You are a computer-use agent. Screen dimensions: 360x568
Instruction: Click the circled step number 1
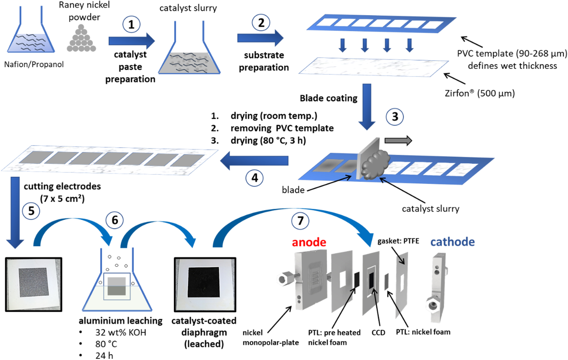pos(131,24)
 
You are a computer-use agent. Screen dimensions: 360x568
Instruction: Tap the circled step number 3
pos(395,117)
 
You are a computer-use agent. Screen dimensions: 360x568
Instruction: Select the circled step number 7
pos(300,221)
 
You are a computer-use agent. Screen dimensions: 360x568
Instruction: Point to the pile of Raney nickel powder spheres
pos(81,39)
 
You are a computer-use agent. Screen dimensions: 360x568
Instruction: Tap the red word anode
pos(309,242)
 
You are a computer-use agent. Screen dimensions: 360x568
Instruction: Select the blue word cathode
pos(453,242)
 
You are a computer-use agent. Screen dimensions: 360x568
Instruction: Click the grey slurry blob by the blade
pos(375,165)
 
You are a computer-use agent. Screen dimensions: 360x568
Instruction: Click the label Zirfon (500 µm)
pos(480,93)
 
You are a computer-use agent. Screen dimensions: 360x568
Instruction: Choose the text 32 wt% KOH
pos(120,333)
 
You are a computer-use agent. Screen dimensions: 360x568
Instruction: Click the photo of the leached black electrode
pos(205,284)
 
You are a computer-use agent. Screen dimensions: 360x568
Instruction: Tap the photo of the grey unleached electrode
pos(34,284)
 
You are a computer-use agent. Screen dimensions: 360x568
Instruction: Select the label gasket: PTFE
pos(398,241)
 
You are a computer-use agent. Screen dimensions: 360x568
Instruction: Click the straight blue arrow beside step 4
pos(254,161)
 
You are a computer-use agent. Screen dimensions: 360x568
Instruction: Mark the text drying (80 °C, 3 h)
pos(268,141)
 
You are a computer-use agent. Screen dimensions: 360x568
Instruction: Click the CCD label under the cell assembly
pos(378,333)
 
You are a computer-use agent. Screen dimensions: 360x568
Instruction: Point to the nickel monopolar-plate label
pos(271,338)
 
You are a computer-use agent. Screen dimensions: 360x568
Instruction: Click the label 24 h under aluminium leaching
pos(104,356)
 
